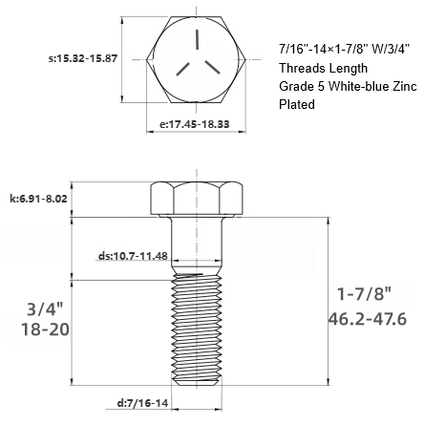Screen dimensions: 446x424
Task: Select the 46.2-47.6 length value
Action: pos(367,318)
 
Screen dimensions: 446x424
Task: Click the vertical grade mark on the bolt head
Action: pos(195,40)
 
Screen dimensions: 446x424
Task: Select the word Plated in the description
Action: pos(296,105)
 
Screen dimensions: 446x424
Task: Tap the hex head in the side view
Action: pos(197,199)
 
